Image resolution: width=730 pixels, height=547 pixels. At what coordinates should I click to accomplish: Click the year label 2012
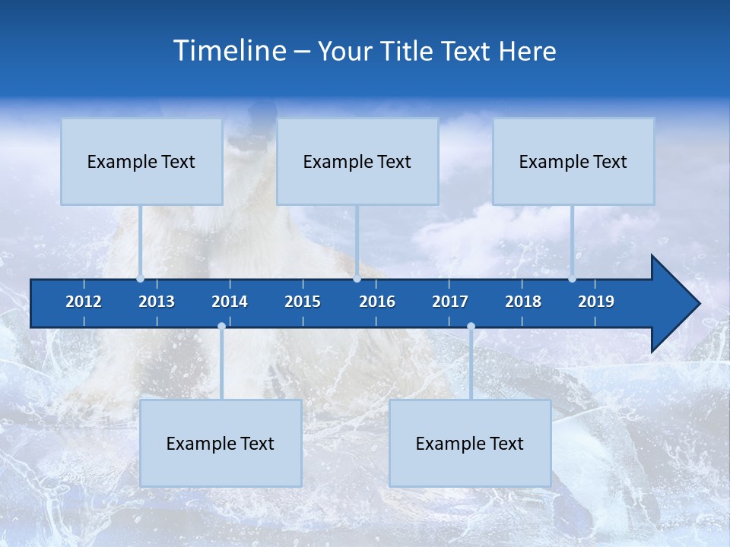tap(84, 302)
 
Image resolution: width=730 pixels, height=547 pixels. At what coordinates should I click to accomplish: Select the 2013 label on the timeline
tap(157, 302)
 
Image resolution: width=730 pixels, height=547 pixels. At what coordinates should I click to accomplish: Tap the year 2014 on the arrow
tap(230, 302)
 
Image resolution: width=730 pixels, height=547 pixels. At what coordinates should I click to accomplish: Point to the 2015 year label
tap(303, 302)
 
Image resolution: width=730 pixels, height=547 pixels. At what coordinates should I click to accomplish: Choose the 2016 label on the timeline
tap(377, 302)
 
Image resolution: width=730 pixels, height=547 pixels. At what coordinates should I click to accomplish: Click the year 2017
tap(450, 302)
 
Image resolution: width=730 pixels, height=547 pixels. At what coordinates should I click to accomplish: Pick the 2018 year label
tap(523, 302)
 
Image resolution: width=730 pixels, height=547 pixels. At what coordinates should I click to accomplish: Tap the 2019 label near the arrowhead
tap(596, 302)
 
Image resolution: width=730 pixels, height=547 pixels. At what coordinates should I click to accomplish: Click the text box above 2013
tap(141, 161)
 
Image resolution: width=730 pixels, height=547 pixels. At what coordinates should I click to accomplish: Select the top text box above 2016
tap(357, 161)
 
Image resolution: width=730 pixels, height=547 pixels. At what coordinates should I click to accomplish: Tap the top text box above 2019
tap(573, 161)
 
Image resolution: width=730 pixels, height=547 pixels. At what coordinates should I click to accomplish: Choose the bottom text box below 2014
tap(221, 443)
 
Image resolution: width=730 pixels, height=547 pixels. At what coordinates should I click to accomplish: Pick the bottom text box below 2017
tap(470, 443)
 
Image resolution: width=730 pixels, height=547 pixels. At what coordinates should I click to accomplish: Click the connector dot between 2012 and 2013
tap(140, 279)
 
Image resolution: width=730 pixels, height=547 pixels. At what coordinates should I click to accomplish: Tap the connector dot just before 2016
tap(357, 279)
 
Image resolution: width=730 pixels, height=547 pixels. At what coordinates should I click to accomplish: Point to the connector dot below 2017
tap(471, 327)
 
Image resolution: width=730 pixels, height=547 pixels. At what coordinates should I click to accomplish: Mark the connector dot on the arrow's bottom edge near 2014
tap(221, 327)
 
